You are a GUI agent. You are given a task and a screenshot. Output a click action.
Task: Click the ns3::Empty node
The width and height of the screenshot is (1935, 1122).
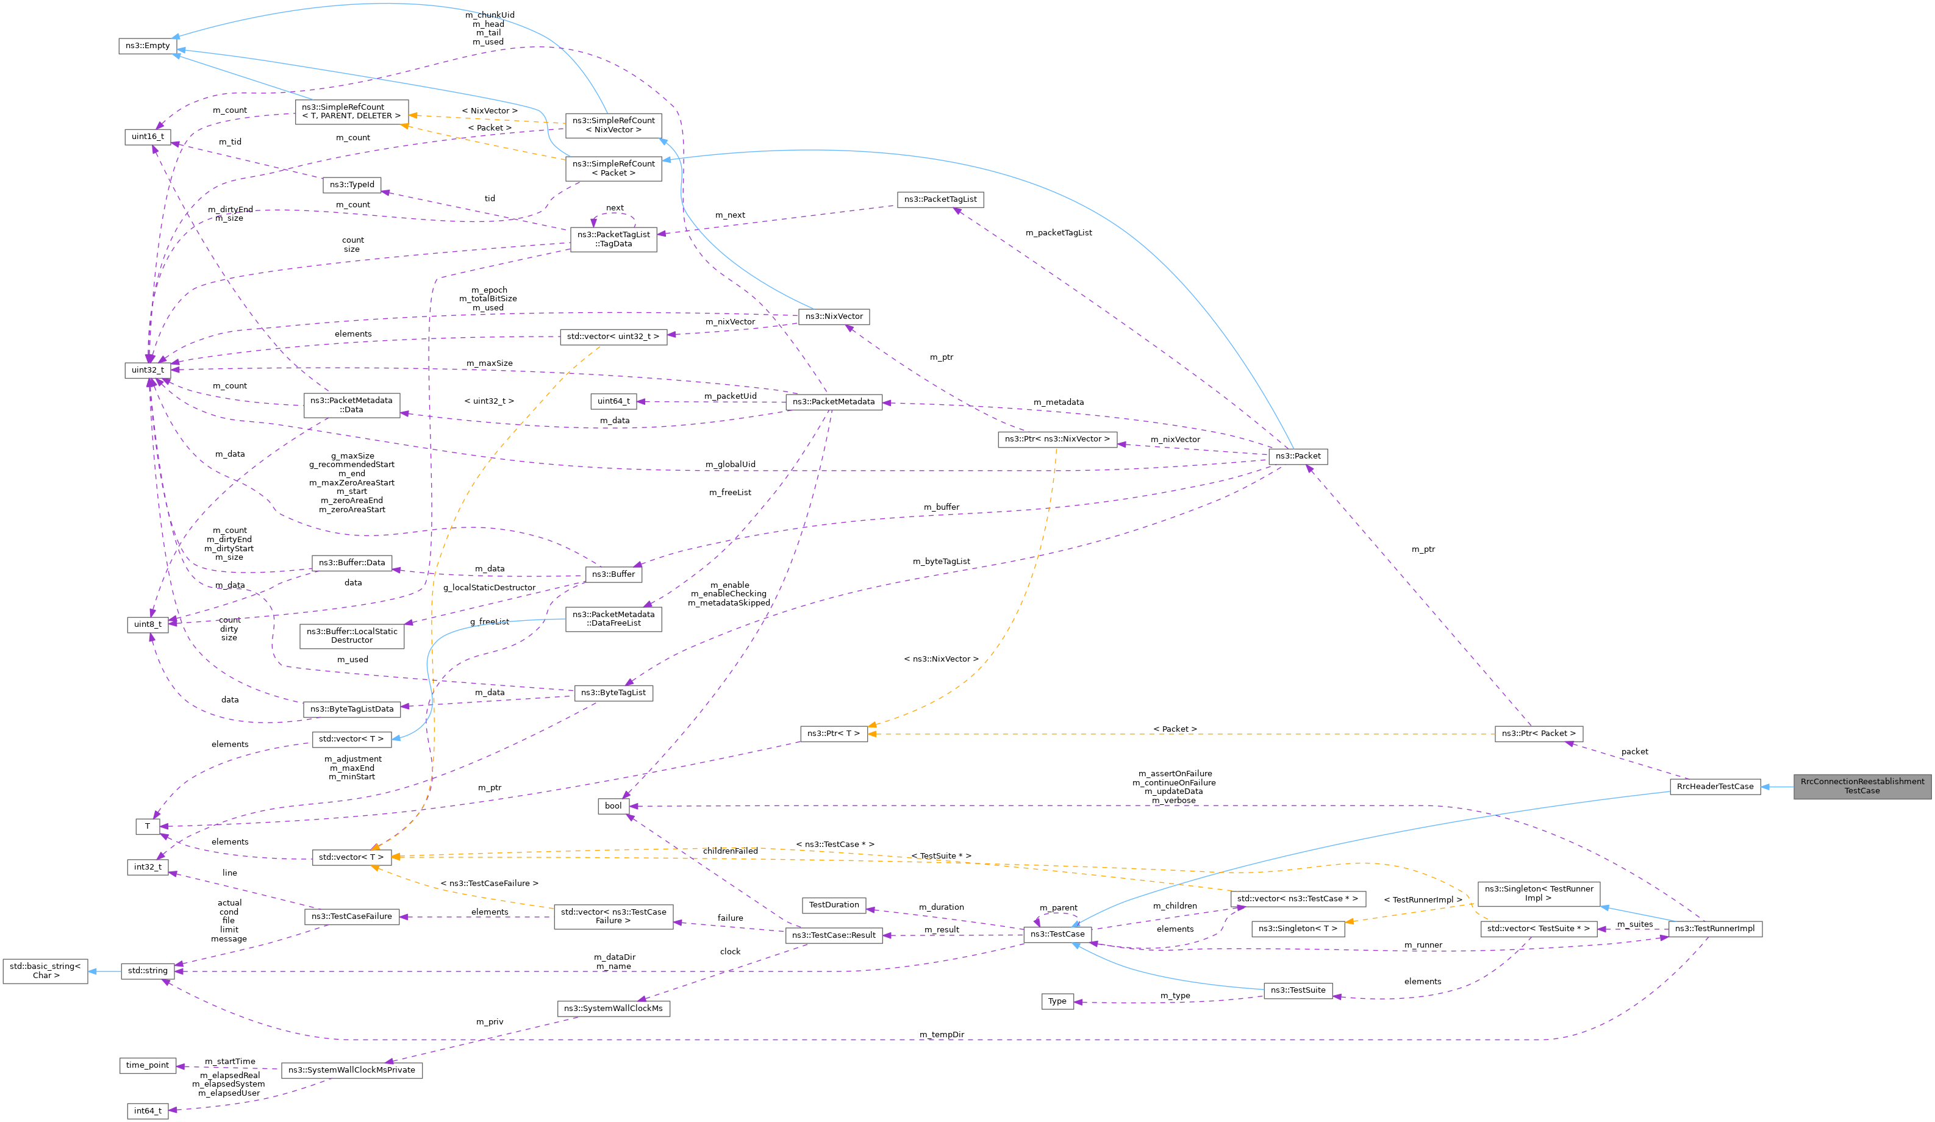coord(148,46)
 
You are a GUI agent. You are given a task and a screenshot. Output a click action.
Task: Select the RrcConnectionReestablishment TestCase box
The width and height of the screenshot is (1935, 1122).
coord(1861,787)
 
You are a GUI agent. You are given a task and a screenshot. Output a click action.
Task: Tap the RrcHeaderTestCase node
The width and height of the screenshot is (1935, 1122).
coord(1715,787)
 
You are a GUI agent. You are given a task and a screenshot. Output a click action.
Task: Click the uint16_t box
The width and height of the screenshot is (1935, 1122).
coord(148,137)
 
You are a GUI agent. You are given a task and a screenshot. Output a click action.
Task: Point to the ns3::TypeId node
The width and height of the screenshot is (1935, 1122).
coord(352,185)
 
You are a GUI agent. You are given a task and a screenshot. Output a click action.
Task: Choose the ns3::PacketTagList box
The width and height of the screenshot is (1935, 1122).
coord(940,199)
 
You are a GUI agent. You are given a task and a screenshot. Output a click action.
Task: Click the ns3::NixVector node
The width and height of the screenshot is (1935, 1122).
coord(834,316)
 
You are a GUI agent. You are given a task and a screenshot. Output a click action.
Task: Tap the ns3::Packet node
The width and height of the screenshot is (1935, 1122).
coord(1298,456)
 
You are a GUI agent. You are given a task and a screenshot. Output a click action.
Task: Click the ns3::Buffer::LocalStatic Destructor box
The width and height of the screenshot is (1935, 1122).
coord(352,636)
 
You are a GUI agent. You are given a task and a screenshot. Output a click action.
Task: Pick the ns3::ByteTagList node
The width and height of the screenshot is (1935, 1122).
coord(613,693)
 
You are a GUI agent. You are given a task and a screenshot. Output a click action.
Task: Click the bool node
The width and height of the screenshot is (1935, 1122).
coord(613,806)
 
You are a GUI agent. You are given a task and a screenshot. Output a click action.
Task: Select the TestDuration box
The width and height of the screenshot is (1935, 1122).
coord(834,905)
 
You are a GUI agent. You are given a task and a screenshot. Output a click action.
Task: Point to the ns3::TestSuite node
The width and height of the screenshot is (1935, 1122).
coord(1298,991)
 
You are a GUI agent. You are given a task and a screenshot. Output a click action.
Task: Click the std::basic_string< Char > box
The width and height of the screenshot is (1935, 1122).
coord(45,971)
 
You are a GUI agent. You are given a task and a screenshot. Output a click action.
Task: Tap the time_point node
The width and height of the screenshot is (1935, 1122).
coord(148,1065)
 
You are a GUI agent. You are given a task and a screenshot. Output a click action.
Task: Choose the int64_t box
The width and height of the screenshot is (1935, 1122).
coord(148,1110)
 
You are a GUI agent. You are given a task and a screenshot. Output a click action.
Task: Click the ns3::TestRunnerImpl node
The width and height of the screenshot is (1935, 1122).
coord(1715,929)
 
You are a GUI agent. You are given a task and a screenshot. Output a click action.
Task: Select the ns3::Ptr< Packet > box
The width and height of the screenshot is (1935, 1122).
coord(1538,734)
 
